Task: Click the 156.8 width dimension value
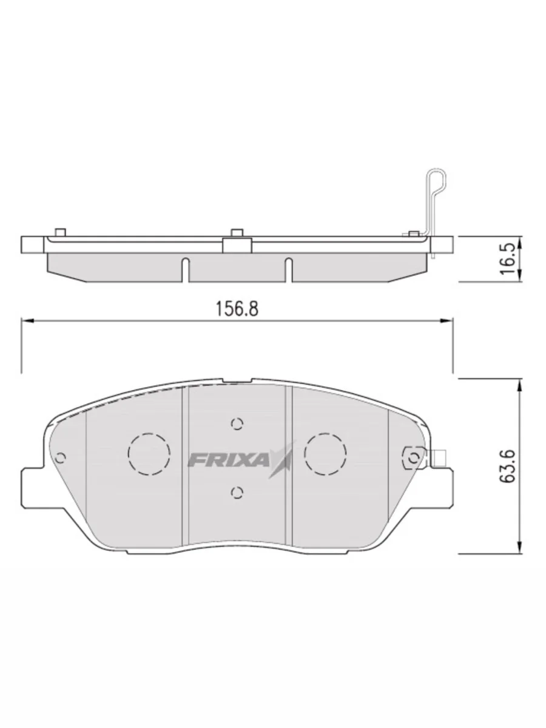[237, 309]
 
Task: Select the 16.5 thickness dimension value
[508, 258]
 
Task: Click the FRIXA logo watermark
[240, 459]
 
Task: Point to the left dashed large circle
[149, 454]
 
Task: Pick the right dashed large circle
[326, 454]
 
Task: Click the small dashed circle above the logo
[237, 423]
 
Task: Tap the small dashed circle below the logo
[237, 493]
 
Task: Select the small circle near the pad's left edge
[61, 457]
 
